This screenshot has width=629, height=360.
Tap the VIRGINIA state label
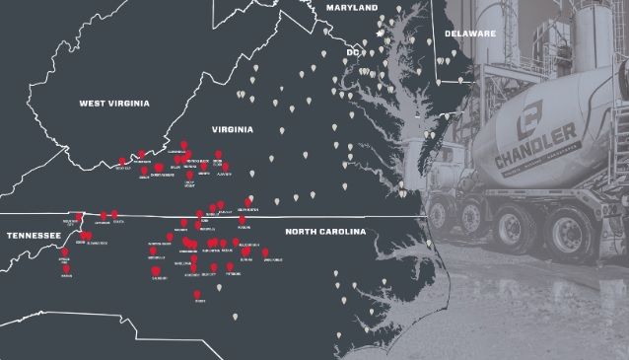tap(233, 129)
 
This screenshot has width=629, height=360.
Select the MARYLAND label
tap(352, 8)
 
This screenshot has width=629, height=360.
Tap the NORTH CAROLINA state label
tap(324, 232)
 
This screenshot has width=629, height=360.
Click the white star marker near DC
tap(380, 34)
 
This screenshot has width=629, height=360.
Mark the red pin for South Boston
tap(248, 202)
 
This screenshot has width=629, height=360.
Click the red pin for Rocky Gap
tap(122, 162)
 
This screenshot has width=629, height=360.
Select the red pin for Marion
tap(144, 170)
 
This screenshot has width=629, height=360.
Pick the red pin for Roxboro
tap(241, 220)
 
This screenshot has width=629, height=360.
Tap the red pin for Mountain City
tap(79, 218)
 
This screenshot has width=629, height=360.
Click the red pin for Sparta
tap(115, 214)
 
